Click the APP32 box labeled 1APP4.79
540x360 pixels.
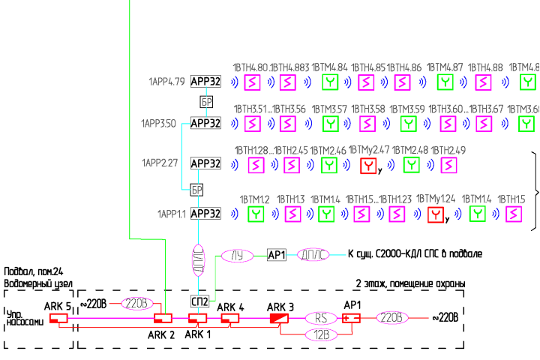[205, 81]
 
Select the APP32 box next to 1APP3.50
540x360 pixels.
[205, 123]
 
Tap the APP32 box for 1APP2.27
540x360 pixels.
[205, 163]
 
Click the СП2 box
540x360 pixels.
[199, 301]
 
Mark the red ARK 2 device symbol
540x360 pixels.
[163, 319]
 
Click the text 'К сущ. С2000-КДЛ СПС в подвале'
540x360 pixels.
[415, 255]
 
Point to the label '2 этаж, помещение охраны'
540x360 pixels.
[409, 283]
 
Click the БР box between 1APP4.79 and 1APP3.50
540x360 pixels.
[208, 101]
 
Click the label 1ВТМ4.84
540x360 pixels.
[329, 67]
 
